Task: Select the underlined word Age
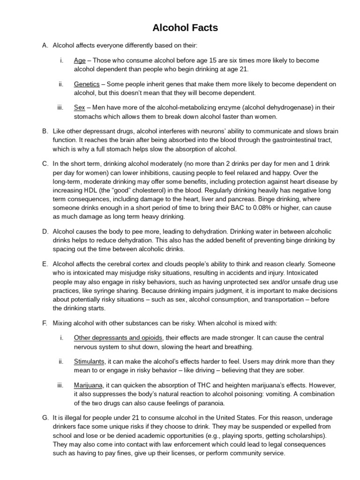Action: (x=79, y=60)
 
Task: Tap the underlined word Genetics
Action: (x=87, y=84)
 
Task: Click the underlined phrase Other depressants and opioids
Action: (x=118, y=338)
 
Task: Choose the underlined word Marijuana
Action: (x=88, y=385)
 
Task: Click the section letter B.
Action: (x=45, y=131)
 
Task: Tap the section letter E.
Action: (x=45, y=263)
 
